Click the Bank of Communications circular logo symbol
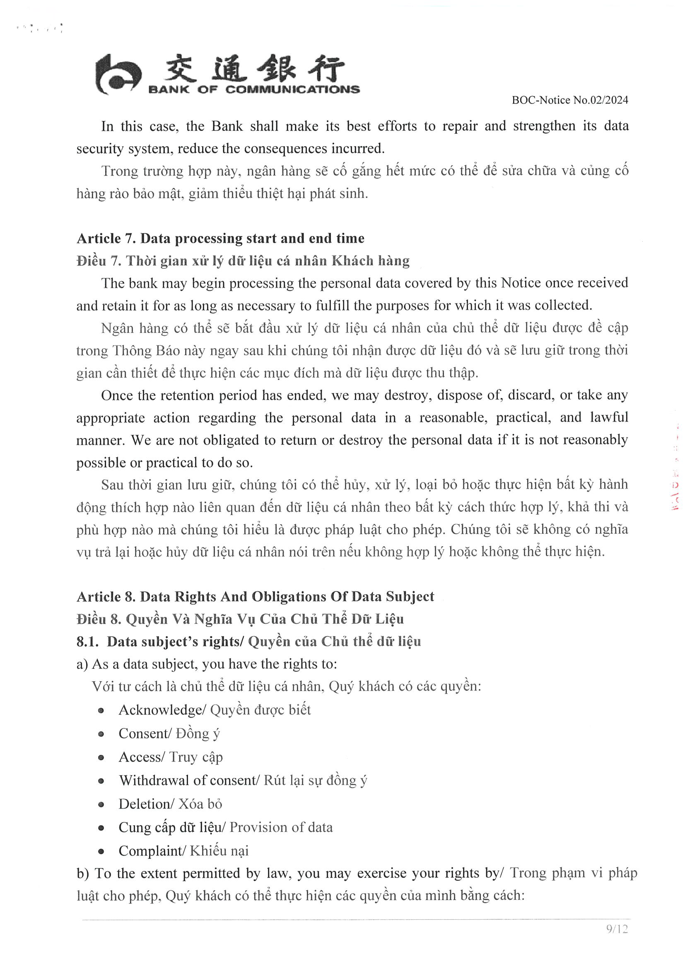coord(117,75)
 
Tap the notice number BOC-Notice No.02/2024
coord(570,100)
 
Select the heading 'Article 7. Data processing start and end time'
coord(220,239)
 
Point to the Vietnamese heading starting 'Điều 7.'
coord(243,261)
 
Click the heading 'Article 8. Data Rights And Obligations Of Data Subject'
coord(255,596)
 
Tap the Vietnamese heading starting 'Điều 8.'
coord(240,619)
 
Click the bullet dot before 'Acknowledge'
coord(101,711)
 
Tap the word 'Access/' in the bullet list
coord(141,757)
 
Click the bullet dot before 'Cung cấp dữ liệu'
coord(101,828)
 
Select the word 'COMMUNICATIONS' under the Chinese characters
coord(292,89)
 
